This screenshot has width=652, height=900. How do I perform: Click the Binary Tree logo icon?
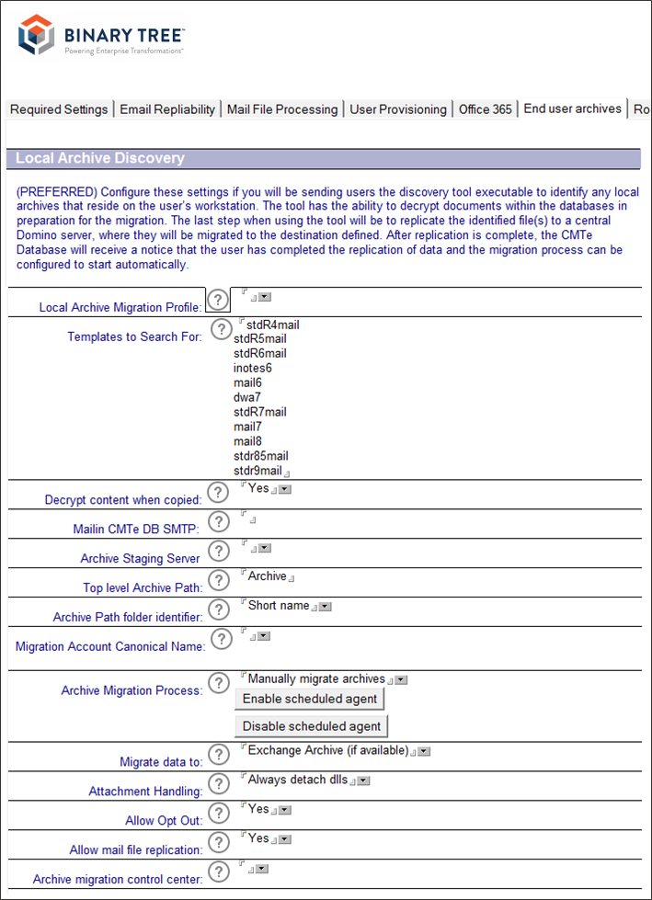36,36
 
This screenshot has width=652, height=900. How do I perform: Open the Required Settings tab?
59,109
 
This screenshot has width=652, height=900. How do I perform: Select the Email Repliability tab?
167,109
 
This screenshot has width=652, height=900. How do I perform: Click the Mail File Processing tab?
282,109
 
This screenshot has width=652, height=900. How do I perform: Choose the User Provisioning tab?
398,109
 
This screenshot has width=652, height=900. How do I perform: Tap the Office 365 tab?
485,109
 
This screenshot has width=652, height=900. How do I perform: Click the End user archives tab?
572,108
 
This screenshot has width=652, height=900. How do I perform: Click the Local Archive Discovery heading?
100,158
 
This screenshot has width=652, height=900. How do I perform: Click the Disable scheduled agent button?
312,726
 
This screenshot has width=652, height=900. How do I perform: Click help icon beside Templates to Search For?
221,329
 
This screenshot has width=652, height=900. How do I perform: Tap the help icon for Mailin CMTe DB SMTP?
218,521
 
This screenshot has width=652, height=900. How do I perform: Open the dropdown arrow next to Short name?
325,607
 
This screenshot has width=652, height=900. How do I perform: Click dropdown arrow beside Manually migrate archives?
401,680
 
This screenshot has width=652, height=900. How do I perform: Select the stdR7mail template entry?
260,412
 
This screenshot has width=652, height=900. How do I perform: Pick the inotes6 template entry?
253,369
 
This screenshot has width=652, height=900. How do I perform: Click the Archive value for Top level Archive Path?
267,576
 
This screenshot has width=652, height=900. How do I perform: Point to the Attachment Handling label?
144,792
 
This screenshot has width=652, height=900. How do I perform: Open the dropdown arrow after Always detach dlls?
363,780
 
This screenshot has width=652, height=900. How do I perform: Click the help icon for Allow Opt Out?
218,813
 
